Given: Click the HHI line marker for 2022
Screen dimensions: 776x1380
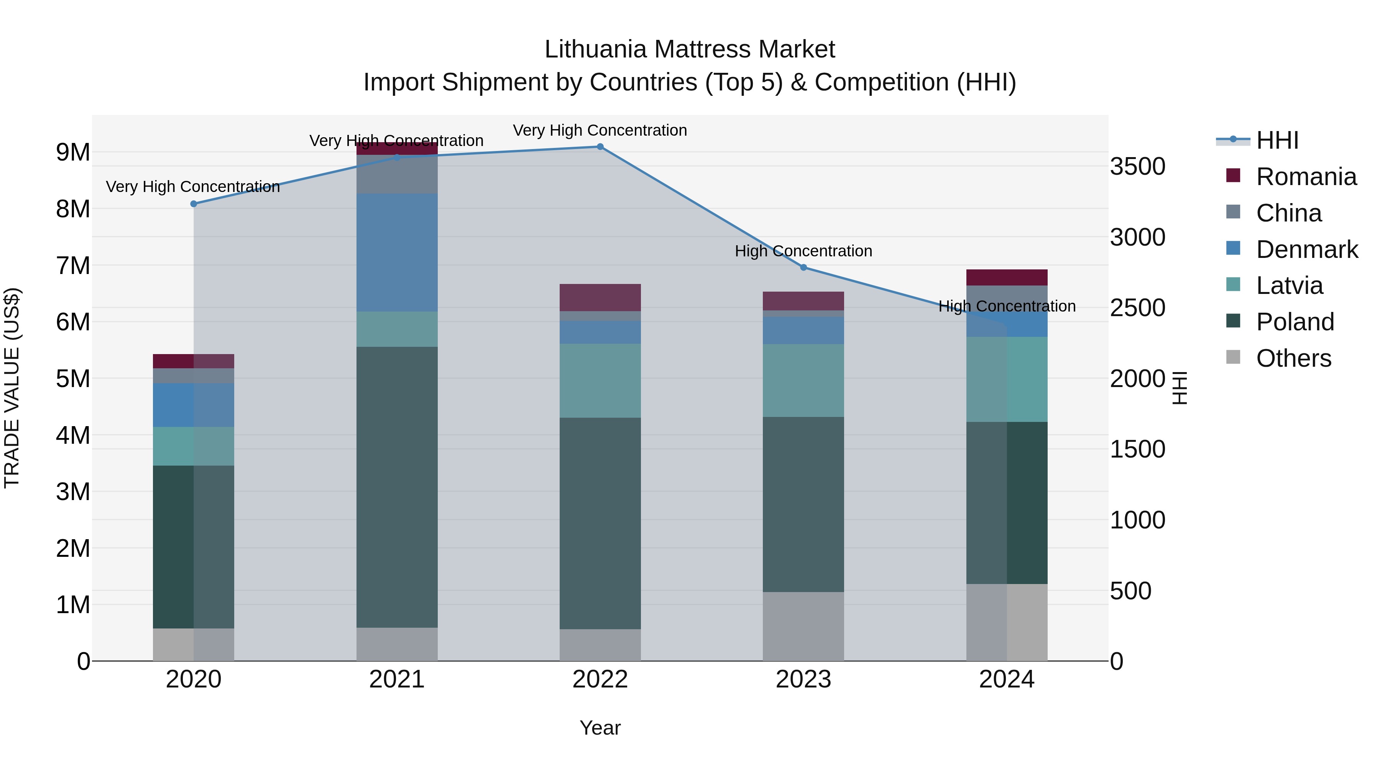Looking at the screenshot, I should pyautogui.click(x=600, y=147).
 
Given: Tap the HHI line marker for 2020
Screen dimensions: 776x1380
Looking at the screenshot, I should pyautogui.click(x=194, y=204).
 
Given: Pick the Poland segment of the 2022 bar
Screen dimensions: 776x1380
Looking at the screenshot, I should pyautogui.click(x=600, y=523).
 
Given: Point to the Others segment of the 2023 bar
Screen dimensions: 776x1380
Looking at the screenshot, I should pyautogui.click(x=803, y=626).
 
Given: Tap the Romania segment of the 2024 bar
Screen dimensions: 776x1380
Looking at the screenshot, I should pyautogui.click(x=1007, y=277).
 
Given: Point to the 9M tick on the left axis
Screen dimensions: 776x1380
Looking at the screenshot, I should pyautogui.click(x=73, y=153).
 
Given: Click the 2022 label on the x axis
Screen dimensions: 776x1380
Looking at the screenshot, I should pyautogui.click(x=600, y=679).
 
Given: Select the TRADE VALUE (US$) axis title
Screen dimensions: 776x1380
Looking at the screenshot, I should pyautogui.click(x=12, y=388).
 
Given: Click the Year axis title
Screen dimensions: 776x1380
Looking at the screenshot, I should pyautogui.click(x=600, y=728).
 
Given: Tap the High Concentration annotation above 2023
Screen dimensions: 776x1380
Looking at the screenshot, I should pyautogui.click(x=803, y=251).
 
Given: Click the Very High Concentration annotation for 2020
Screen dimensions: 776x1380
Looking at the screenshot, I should pyautogui.click(x=193, y=187).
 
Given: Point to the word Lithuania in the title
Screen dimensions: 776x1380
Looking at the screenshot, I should pyautogui.click(x=595, y=50).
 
